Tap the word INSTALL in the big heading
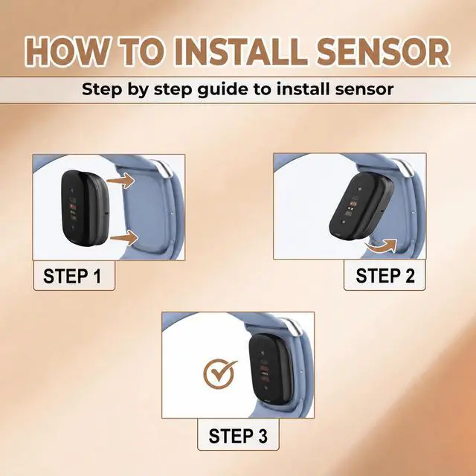click(240, 51)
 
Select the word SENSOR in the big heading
click(383, 51)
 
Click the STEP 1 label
click(72, 276)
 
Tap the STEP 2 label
click(385, 276)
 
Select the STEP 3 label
click(238, 436)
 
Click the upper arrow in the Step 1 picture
click(120, 181)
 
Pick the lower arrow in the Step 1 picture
click(124, 237)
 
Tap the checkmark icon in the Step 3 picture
click(219, 374)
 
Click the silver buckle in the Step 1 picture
click(164, 168)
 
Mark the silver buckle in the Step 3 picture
click(293, 327)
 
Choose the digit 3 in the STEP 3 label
click(263, 436)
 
